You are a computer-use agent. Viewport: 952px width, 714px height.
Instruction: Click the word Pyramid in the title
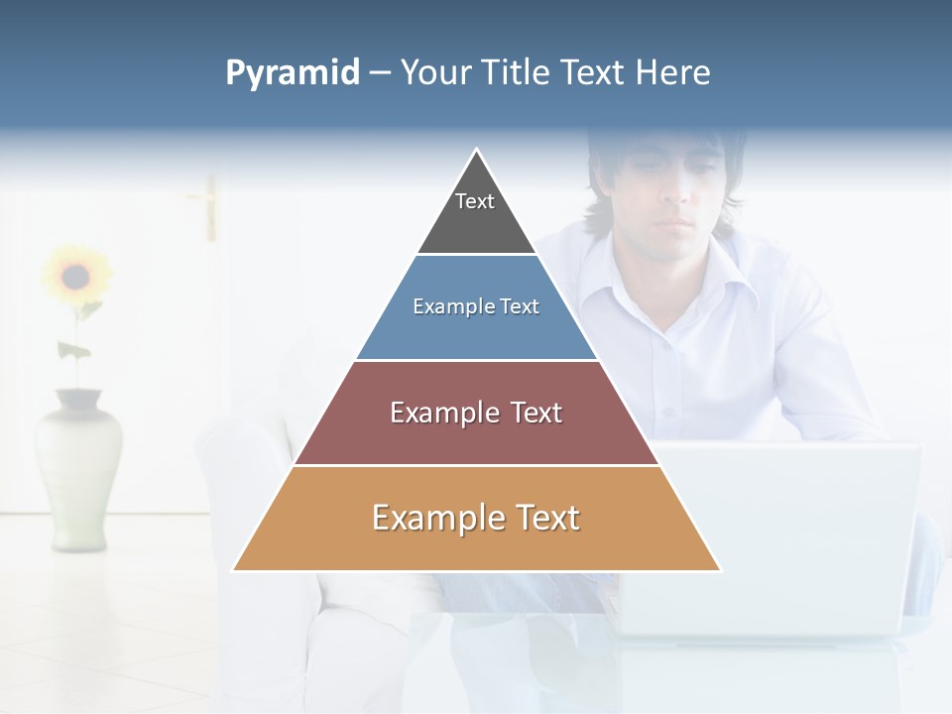coord(293,72)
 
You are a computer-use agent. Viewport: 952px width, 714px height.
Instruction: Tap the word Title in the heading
coord(518,72)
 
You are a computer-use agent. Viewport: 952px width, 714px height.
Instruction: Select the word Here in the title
coord(672,72)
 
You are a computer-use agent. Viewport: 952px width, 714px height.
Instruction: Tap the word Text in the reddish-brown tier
coord(535,413)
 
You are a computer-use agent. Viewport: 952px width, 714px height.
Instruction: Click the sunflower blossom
coord(75,275)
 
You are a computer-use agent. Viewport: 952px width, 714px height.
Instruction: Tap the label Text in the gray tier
coord(475,201)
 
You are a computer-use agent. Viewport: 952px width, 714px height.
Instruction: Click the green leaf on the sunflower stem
coord(73,350)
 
